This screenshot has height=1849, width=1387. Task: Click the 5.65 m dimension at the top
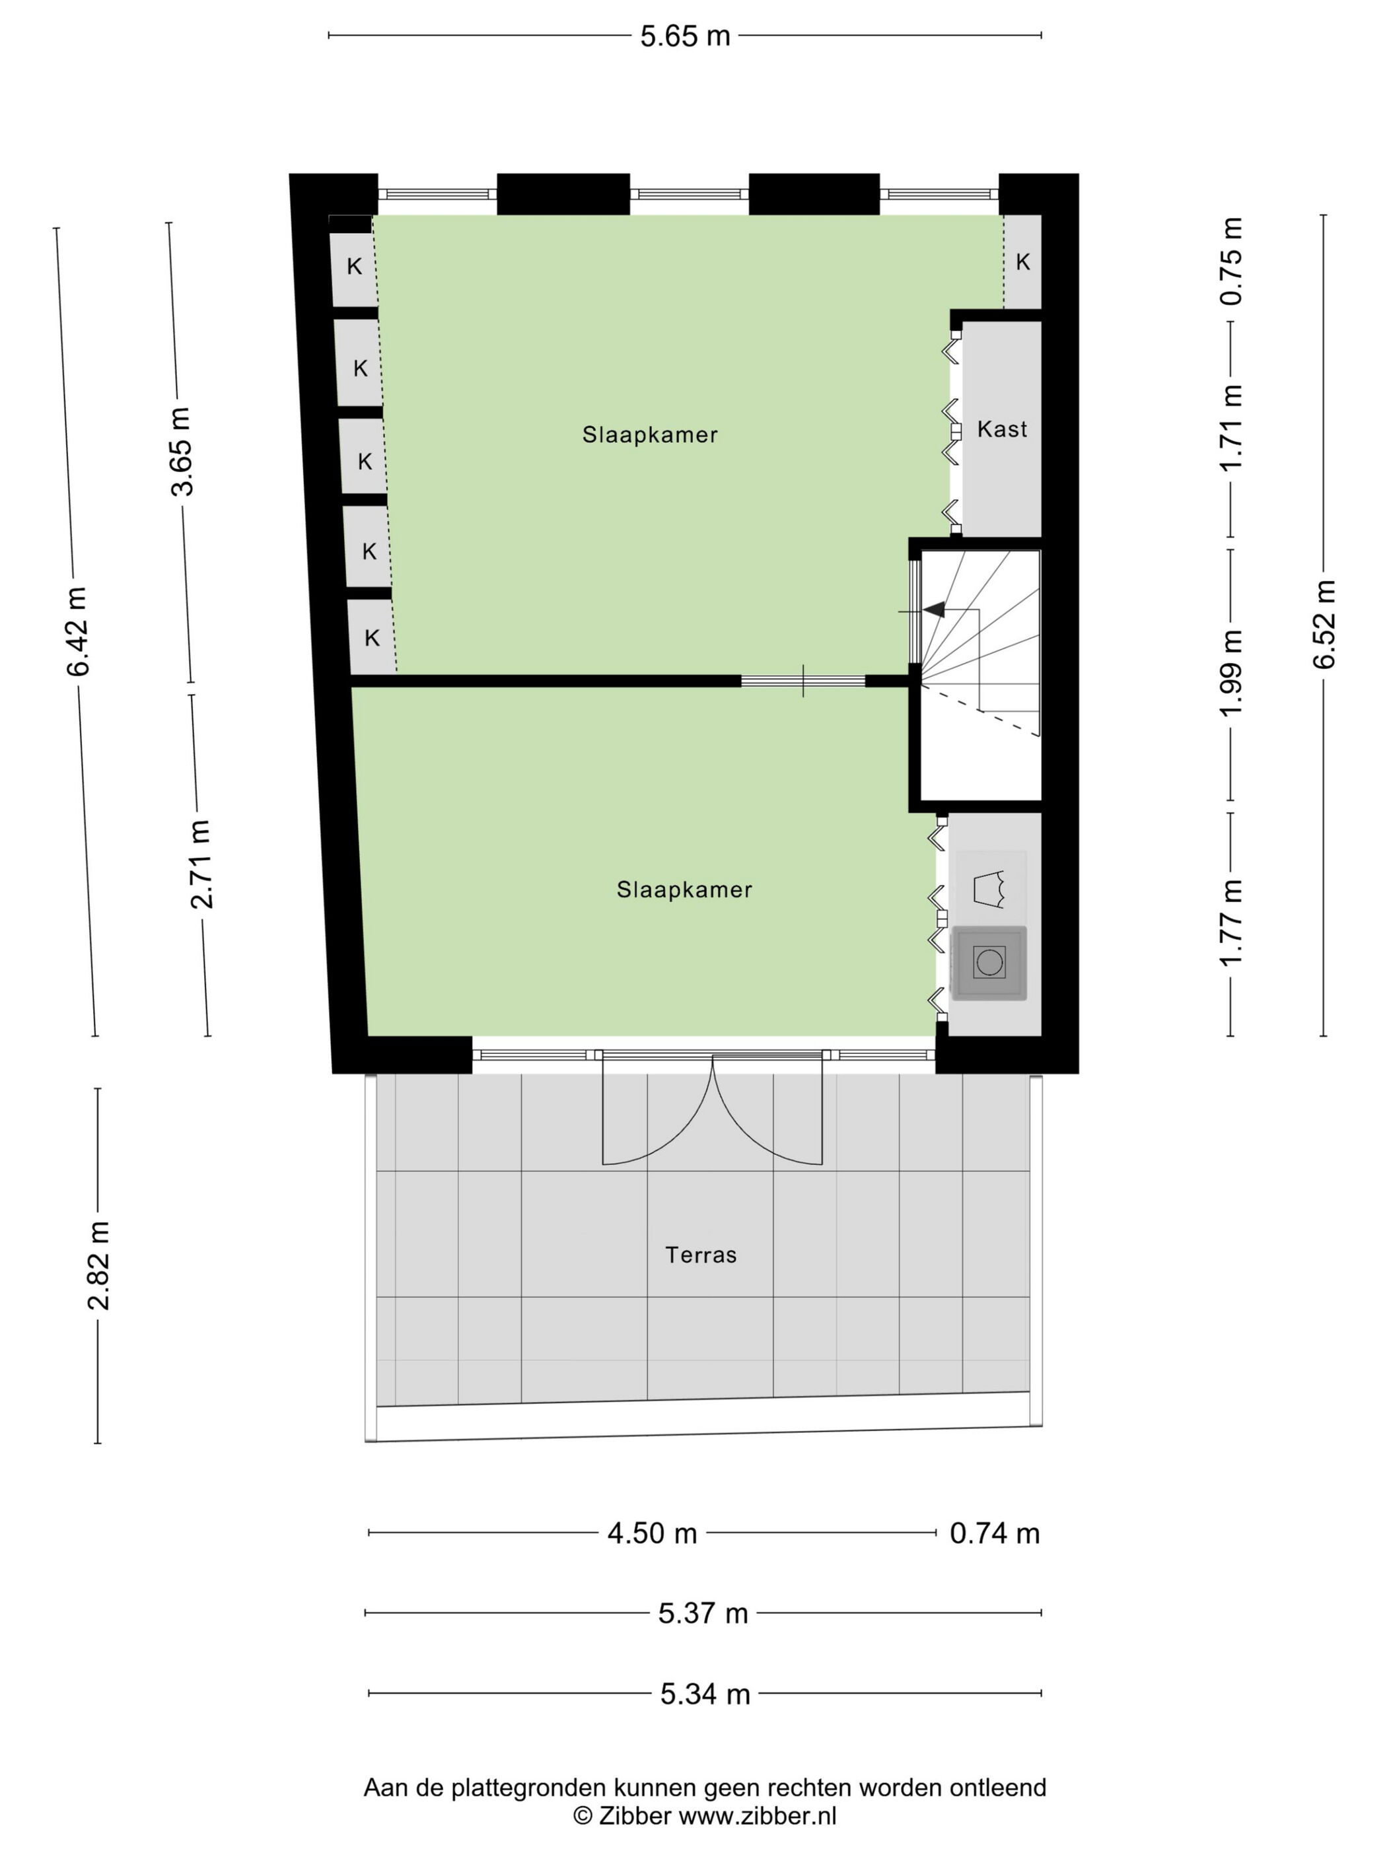coord(685,36)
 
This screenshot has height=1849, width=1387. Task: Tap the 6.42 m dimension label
coord(79,631)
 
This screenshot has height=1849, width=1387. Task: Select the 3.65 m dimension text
coord(182,452)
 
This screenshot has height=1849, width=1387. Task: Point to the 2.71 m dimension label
coord(201,864)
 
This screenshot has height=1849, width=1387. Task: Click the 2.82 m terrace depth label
coord(98,1265)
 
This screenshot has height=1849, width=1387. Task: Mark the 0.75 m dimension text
coord(1232,261)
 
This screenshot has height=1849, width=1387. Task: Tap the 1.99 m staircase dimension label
coord(1232,672)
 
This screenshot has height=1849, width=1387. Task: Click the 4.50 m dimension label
coord(652,1534)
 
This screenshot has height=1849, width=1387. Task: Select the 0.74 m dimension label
coord(995,1534)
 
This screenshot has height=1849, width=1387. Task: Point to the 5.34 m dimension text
coord(705,1694)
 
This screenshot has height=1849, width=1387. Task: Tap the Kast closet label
coord(1001,430)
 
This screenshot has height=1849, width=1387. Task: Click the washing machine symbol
coord(989,962)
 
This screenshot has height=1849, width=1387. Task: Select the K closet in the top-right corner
coord(1022,262)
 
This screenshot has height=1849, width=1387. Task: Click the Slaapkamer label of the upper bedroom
coord(650,435)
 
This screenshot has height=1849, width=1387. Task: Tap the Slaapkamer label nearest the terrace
coord(684,890)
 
